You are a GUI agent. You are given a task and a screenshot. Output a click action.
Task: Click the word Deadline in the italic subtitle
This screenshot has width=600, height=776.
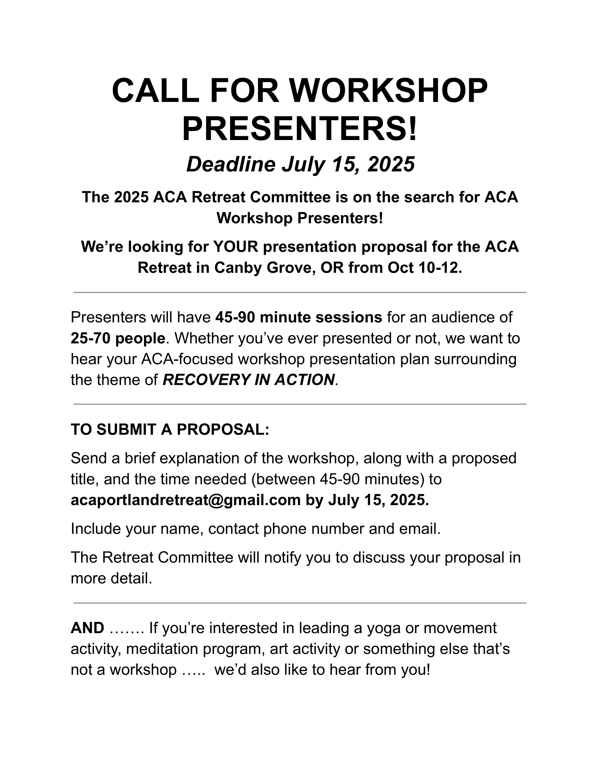pos(231,164)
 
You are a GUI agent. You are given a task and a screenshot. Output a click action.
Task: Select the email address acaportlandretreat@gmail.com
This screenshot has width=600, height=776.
pos(186,500)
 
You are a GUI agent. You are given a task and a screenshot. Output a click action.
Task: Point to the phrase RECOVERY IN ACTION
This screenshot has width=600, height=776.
pos(248,380)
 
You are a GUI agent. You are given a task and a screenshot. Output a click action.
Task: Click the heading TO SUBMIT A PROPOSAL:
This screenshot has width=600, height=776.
pos(170,430)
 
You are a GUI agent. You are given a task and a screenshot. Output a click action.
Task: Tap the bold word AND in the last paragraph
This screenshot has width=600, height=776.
pos(88,628)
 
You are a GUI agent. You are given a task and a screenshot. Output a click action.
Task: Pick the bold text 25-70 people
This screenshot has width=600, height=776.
pos(118,338)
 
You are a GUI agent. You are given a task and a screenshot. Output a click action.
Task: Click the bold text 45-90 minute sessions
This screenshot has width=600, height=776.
pos(299,317)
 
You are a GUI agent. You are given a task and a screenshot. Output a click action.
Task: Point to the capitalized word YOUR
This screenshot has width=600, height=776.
pos(235,247)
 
